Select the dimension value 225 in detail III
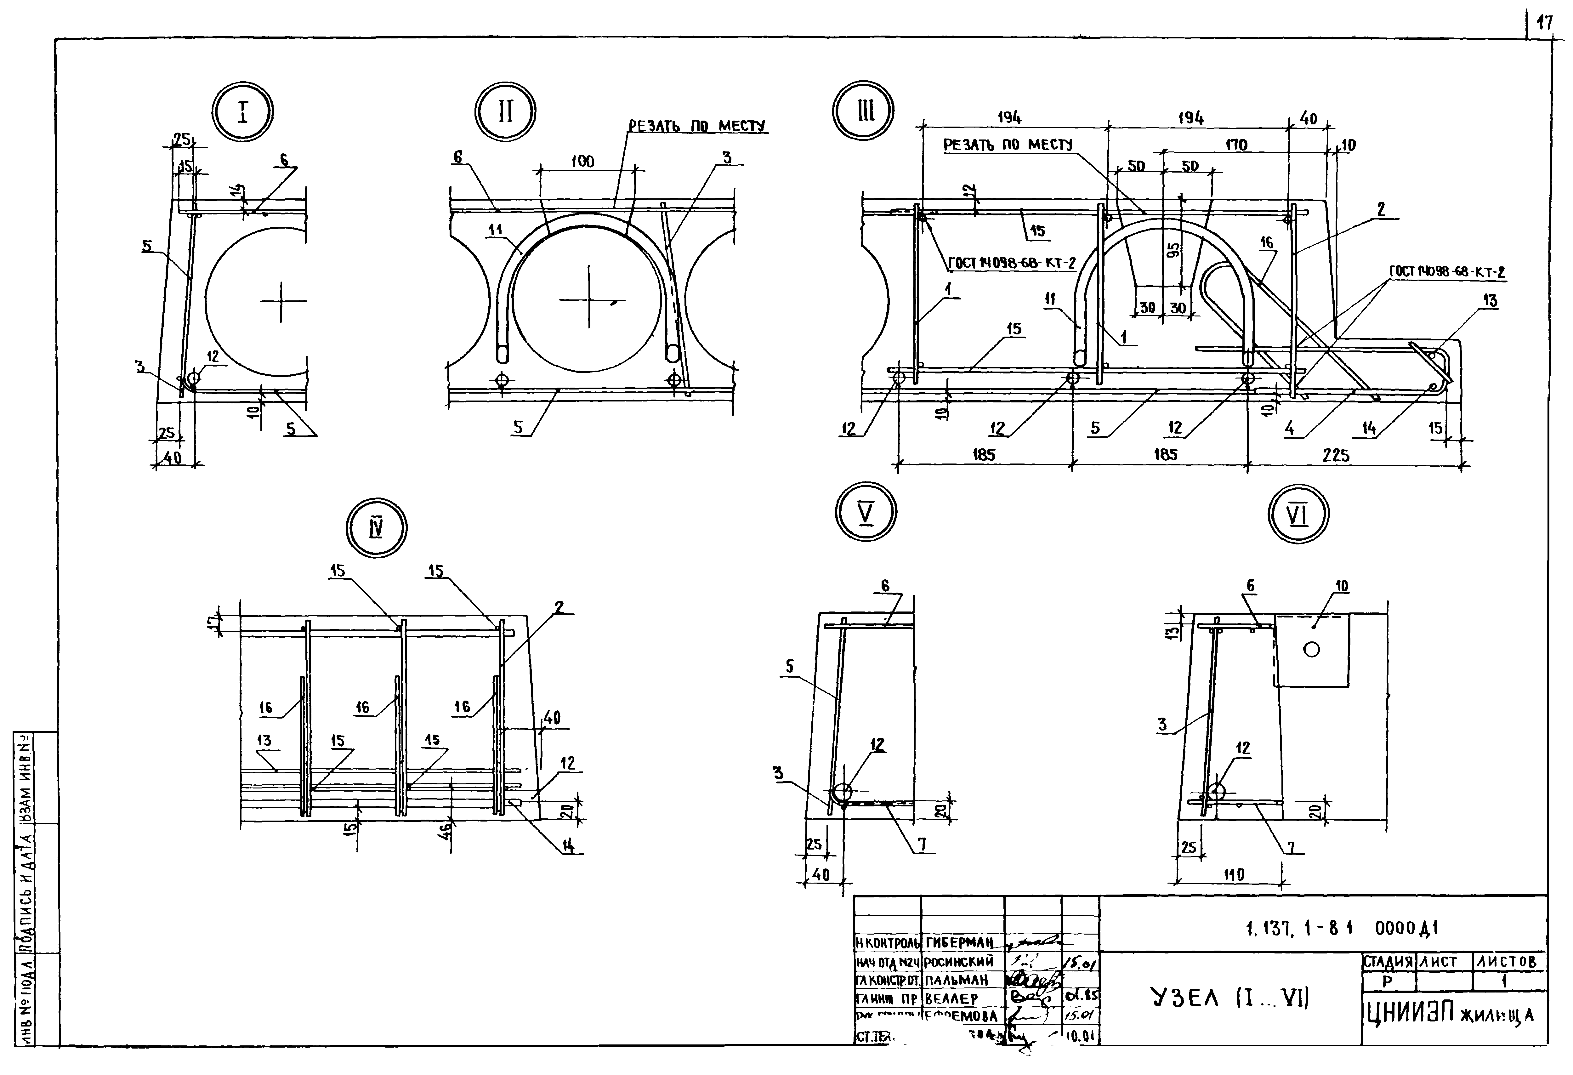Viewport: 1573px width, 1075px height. tap(1335, 455)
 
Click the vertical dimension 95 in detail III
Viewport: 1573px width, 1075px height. tap(1174, 249)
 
